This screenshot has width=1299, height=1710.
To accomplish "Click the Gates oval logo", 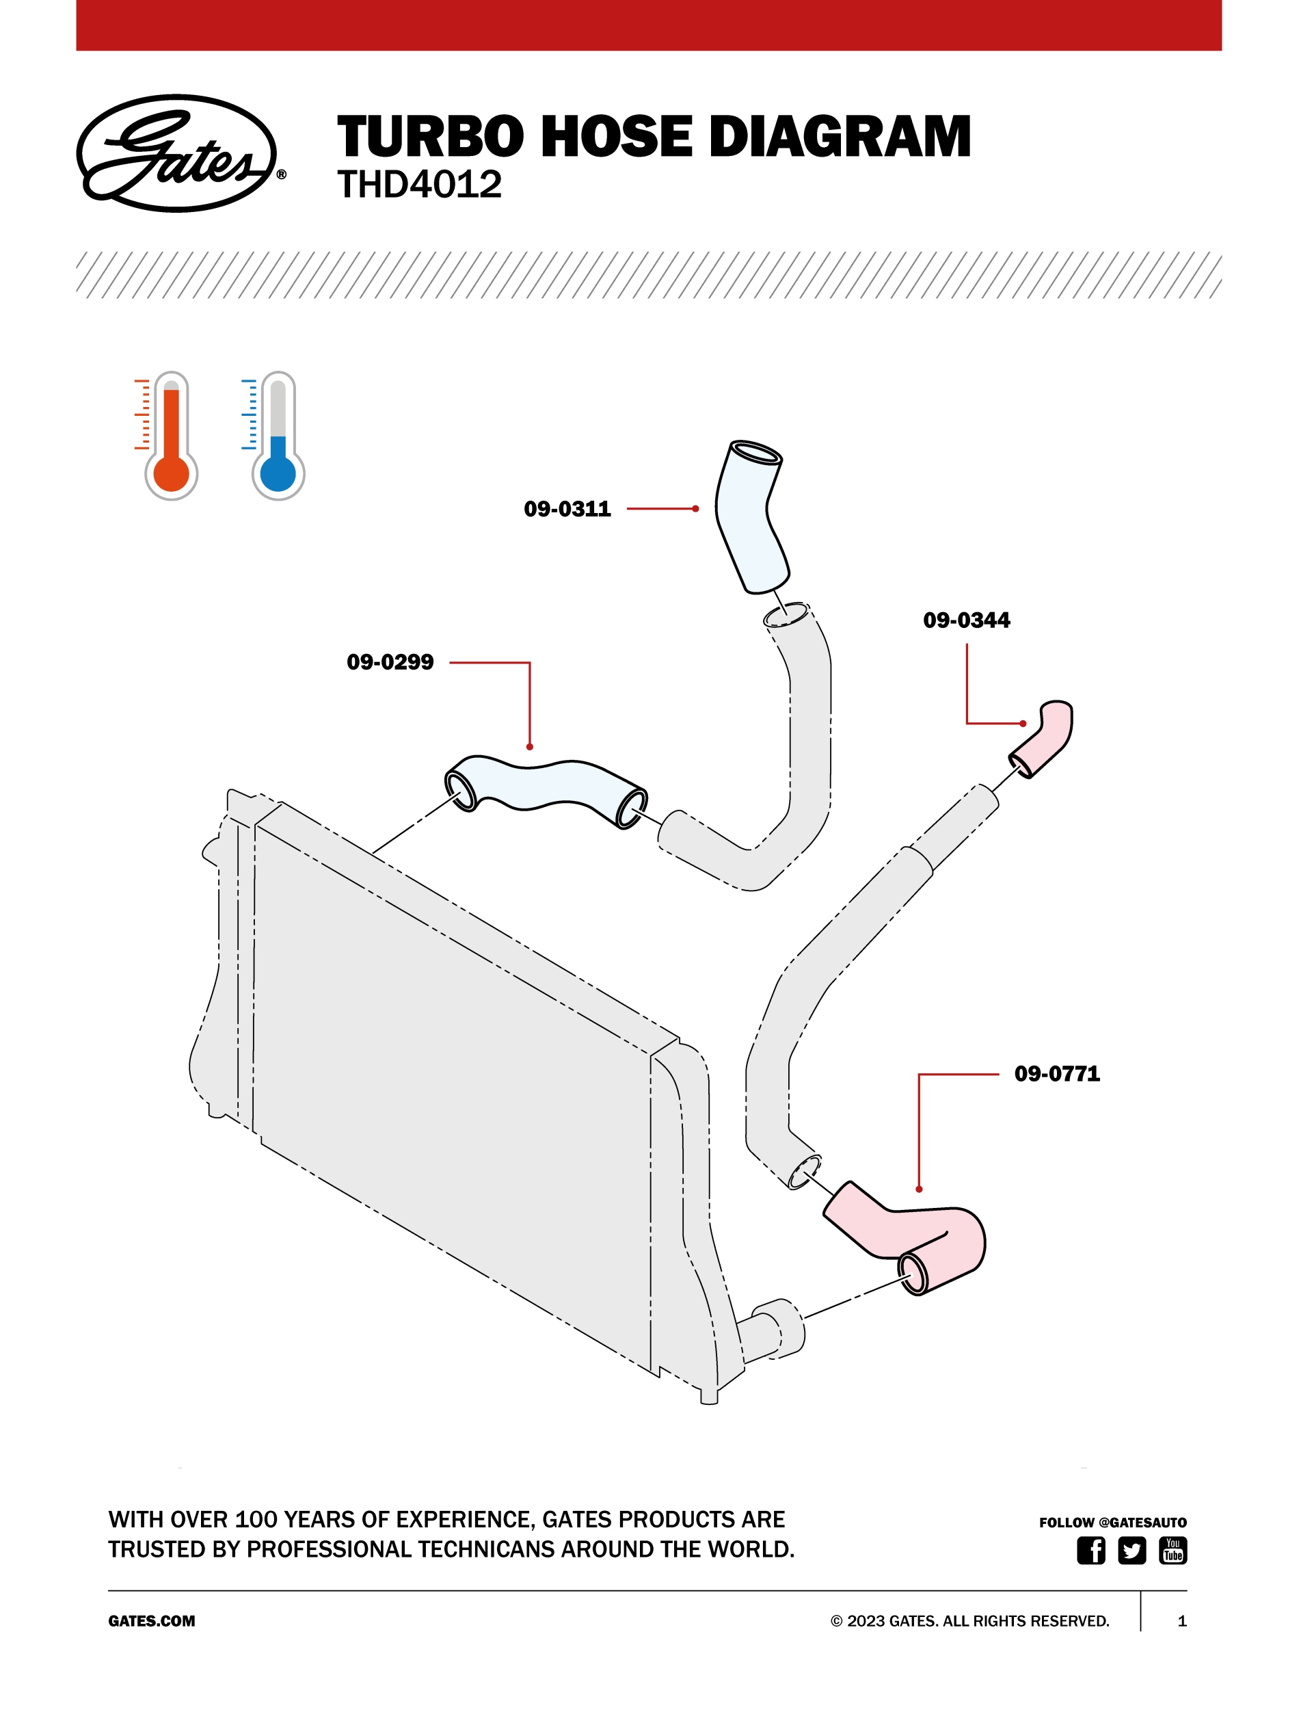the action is [180, 153].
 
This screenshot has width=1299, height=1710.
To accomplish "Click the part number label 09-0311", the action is [567, 509].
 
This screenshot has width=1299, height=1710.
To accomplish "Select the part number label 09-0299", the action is [390, 662].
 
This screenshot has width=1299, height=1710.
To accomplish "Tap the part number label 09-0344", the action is [967, 620].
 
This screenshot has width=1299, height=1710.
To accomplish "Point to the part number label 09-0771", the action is [1057, 1073].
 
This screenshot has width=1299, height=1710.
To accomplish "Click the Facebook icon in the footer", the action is [1091, 1551].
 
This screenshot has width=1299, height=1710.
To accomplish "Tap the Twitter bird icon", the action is [1132, 1551].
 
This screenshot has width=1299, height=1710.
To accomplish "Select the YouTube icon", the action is [1173, 1551].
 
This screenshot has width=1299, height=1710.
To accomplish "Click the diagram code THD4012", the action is [419, 185].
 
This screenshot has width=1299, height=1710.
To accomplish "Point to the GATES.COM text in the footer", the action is [152, 1621].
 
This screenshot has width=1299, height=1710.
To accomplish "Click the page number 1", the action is [1181, 1621].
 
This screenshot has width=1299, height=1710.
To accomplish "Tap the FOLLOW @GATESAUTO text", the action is [1112, 1522].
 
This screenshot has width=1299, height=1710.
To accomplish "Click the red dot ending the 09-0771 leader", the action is [919, 1189].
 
